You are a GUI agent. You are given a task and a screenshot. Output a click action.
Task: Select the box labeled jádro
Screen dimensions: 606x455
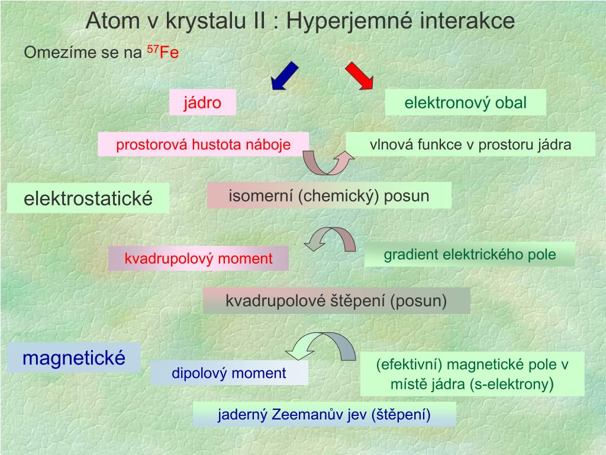click(202, 102)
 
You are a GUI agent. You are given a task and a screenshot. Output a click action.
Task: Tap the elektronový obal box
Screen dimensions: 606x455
click(465, 103)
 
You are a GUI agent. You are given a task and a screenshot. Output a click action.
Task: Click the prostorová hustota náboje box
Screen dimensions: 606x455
click(204, 145)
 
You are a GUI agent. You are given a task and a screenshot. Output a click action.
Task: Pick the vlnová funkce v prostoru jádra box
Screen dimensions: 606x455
click(470, 145)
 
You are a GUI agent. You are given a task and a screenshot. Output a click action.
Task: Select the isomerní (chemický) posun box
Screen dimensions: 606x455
click(329, 196)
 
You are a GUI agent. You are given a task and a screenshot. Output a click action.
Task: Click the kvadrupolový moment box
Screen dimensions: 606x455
click(198, 258)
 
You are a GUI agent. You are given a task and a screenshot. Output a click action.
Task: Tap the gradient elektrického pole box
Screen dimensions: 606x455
click(470, 255)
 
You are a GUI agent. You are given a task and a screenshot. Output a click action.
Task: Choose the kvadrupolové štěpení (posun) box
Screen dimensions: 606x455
click(336, 301)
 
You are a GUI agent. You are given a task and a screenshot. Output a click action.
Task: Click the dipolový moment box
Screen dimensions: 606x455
click(229, 373)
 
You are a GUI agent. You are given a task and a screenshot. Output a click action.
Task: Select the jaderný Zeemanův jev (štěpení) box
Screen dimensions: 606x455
click(324, 415)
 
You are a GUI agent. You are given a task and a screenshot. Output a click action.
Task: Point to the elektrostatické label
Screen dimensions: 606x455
click(88, 198)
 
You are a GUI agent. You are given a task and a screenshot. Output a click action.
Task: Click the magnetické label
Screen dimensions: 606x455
click(74, 358)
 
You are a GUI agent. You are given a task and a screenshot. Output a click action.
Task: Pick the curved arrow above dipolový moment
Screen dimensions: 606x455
click(320, 346)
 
